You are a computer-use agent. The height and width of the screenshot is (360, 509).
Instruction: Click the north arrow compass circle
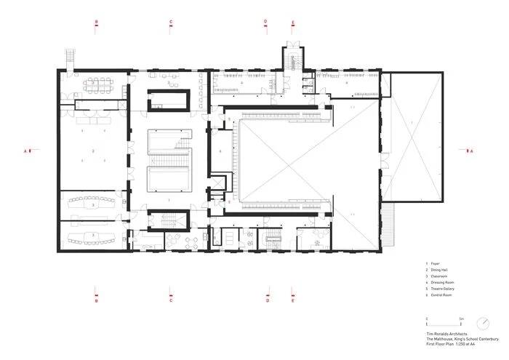[x=482, y=322]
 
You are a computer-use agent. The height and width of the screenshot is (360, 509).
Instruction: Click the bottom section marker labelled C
[x=171, y=299]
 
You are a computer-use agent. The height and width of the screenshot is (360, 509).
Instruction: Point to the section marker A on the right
[x=469, y=151]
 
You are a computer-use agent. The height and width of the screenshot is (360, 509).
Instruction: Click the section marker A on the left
[x=28, y=151]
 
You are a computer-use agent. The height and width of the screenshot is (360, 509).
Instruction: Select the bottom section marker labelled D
[x=267, y=299]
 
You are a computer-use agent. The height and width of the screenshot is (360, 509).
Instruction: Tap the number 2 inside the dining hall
[x=93, y=151]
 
